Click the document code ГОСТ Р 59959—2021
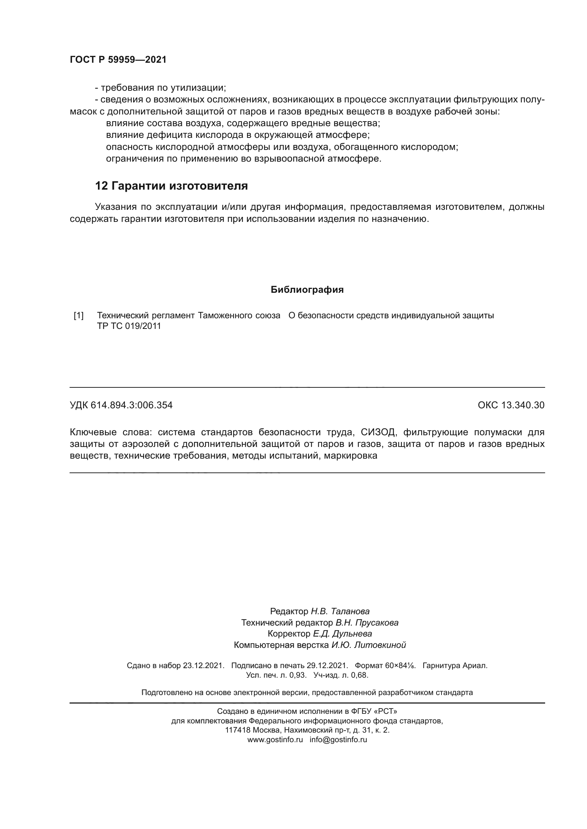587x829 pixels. pyautogui.click(x=118, y=60)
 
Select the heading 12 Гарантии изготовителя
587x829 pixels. pyautogui.click(x=171, y=186)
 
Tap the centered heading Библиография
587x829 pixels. pyautogui.click(x=307, y=290)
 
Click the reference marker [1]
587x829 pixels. pyautogui.click(x=78, y=315)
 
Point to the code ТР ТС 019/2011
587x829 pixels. pyautogui.click(x=129, y=326)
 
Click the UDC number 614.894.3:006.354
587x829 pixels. pyautogui.click(x=132, y=405)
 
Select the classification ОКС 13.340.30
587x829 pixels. pyautogui.click(x=511, y=405)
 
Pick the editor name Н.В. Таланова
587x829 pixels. pyautogui.click(x=340, y=611)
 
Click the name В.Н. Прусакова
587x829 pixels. pyautogui.click(x=367, y=622)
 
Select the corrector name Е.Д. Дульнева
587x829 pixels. pyautogui.click(x=342, y=634)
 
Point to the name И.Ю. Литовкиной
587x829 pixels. pyautogui.click(x=369, y=645)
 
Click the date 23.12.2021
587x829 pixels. pyautogui.click(x=203, y=666)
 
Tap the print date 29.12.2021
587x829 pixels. pyautogui.click(x=327, y=666)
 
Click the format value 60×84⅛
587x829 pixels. pyautogui.click(x=400, y=666)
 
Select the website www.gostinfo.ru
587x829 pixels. pyautogui.click(x=275, y=739)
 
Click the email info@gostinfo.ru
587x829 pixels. pyautogui.click(x=338, y=739)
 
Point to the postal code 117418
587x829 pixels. pyautogui.click(x=237, y=730)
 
